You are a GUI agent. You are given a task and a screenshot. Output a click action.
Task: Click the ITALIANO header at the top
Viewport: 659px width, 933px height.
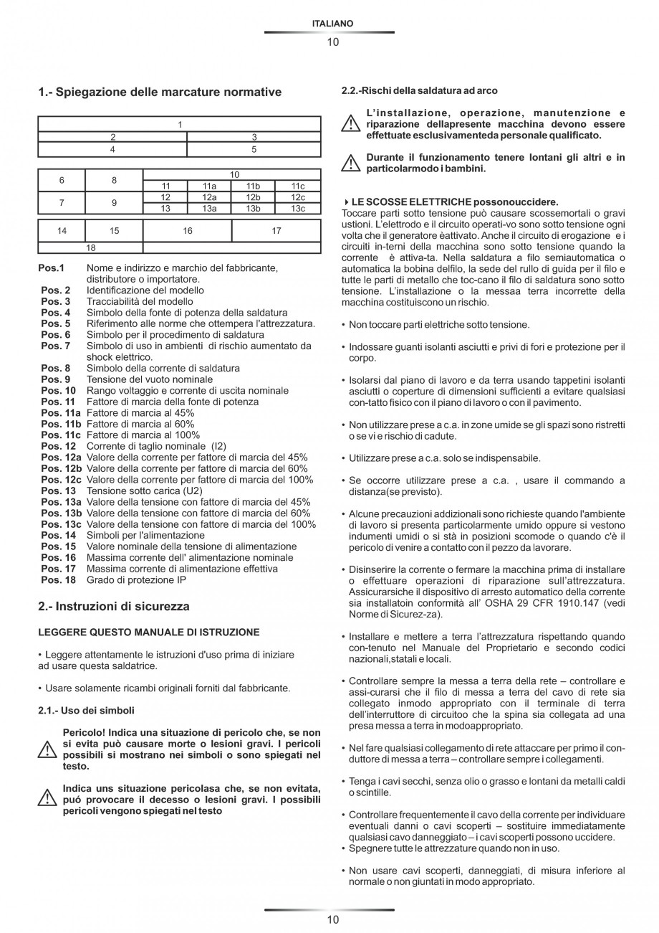pyautogui.click(x=333, y=24)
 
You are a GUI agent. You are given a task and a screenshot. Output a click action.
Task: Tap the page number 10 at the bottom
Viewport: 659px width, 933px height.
pyautogui.click(x=333, y=919)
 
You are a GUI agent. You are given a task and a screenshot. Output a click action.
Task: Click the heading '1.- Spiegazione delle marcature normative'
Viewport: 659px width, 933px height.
pyautogui.click(x=160, y=92)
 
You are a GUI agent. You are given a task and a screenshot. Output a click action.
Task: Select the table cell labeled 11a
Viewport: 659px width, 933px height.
pyautogui.click(x=209, y=186)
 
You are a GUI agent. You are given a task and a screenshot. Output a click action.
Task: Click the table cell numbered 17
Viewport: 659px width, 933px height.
pyautogui.click(x=276, y=230)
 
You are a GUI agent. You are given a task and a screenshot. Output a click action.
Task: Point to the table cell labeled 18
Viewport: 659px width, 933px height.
pyautogui.click(x=90, y=247)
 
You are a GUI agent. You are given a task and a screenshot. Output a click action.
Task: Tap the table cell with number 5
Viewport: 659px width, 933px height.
pyautogui.click(x=254, y=150)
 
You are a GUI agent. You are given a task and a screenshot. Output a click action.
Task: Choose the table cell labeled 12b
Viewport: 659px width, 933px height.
pyautogui.click(x=254, y=197)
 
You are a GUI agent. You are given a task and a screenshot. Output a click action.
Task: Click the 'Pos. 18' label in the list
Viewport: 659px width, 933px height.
pyautogui.click(x=58, y=579)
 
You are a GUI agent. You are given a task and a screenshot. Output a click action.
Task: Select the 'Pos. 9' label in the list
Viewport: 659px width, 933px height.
pyautogui.click(x=56, y=379)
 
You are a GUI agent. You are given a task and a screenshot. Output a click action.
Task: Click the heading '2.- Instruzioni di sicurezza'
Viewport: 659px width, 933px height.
pyautogui.click(x=114, y=607)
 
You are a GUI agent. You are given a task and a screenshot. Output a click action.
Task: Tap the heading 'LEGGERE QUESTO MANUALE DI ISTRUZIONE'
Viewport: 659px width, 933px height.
pyautogui.click(x=149, y=633)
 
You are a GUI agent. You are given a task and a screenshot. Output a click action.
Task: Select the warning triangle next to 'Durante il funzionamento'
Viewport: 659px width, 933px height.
pyautogui.click(x=350, y=164)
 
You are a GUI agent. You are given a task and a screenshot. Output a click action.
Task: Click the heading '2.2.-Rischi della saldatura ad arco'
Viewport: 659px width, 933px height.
pyautogui.click(x=419, y=90)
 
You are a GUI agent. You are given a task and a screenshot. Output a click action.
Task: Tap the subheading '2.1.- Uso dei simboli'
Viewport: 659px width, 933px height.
pyautogui.click(x=86, y=711)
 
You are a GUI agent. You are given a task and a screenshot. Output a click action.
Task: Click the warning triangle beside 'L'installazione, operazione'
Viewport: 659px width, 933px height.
pyautogui.click(x=350, y=124)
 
